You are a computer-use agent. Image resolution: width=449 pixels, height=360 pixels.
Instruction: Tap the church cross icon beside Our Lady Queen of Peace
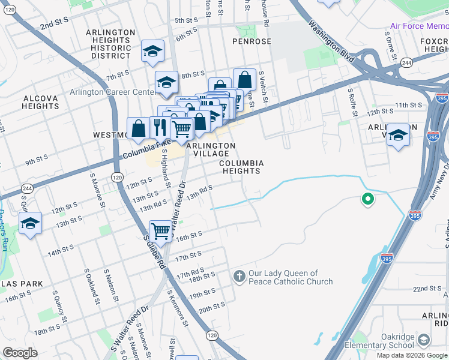pyautogui.click(x=239, y=277)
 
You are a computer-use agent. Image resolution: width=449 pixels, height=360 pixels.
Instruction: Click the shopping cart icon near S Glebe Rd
pyautogui.click(x=160, y=230)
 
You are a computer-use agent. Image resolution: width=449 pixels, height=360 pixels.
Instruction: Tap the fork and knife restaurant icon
pyautogui.click(x=160, y=127)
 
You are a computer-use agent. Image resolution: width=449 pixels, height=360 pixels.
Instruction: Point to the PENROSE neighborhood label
pyautogui.click(x=252, y=41)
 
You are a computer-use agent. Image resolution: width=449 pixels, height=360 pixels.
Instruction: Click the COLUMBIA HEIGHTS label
pyautogui.click(x=241, y=167)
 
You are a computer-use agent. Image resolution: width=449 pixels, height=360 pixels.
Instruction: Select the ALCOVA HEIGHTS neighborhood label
pyautogui.click(x=41, y=102)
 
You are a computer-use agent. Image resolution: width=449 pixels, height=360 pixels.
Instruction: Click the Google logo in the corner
pyautogui.click(x=20, y=353)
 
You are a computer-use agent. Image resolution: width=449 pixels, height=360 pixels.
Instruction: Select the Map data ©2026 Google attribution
pyautogui.click(x=412, y=355)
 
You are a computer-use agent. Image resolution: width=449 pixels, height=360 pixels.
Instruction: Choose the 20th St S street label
pyautogui.click(x=211, y=307)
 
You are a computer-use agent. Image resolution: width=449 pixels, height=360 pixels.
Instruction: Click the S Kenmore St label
pyautogui.click(x=178, y=308)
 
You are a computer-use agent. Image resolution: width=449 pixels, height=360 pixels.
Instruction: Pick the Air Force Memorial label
pyautogui.click(x=419, y=26)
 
